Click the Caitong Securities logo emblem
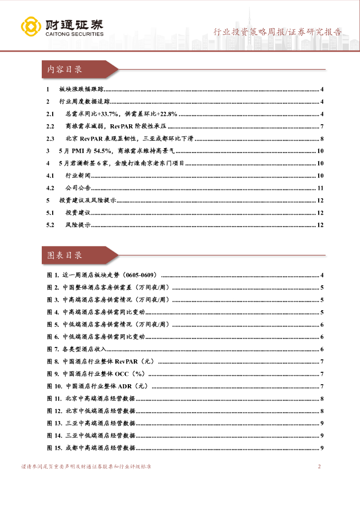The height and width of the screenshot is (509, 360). coord(31,27)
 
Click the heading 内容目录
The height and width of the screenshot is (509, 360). coord(65,70)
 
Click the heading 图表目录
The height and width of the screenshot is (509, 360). coord(65,255)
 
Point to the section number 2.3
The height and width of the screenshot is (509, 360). coord(50,139)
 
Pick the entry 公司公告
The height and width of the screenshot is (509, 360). coord(78,188)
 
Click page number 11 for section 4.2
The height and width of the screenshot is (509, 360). coord(321,188)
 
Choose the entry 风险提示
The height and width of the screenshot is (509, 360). coord(78,225)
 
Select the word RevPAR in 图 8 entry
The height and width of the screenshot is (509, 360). coord(126,362)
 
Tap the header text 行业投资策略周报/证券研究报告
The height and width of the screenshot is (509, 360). coord(277,32)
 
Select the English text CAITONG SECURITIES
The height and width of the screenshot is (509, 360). coord(74,34)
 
